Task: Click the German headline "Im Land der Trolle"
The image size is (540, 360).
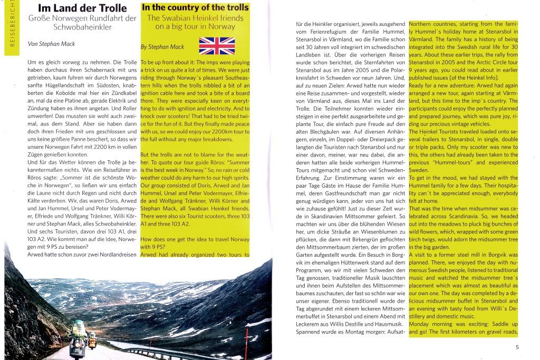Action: click(x=82, y=8)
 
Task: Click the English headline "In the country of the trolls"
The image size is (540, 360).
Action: click(x=195, y=7)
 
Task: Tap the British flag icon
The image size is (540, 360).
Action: click(x=216, y=46)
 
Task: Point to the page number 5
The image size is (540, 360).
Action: click(x=517, y=347)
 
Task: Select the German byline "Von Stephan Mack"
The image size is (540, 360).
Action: click(x=52, y=44)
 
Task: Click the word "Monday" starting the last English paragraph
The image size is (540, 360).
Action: click(x=421, y=324)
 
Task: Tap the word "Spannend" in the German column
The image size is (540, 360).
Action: click(x=312, y=332)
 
